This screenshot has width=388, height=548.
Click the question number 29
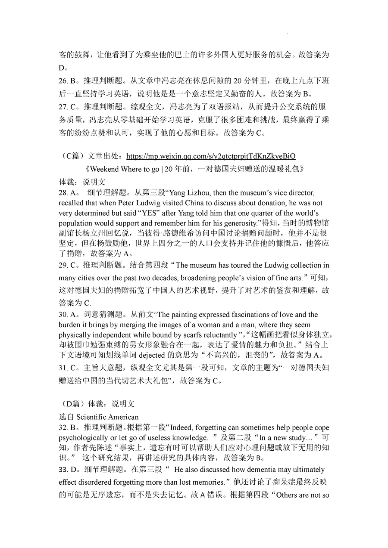[63, 265]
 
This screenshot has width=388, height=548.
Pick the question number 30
[63, 315]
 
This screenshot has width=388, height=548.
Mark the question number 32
[63, 428]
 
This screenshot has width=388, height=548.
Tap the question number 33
[63, 470]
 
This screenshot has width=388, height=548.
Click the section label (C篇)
[70, 156]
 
